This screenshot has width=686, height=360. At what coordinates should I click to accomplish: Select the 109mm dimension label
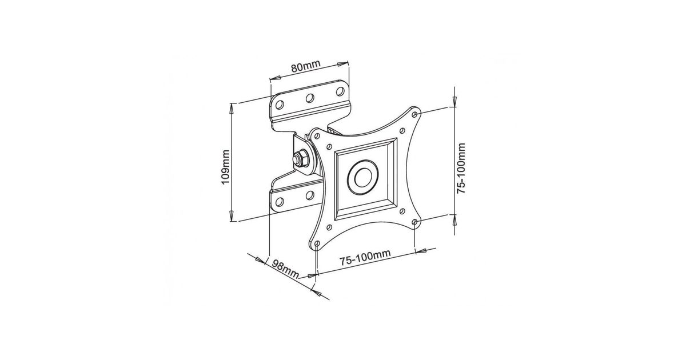coord(225,167)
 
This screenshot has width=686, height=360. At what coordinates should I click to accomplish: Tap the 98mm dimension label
coord(285,269)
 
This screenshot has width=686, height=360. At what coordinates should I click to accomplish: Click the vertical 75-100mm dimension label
coord(461,168)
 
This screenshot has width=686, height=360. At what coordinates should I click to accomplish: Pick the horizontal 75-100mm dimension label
coord(365,258)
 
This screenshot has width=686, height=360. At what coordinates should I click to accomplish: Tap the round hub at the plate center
coord(363,177)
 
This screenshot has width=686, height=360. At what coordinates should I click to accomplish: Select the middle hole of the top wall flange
coord(310,98)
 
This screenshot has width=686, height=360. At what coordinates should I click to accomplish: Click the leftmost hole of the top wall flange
coord(280,105)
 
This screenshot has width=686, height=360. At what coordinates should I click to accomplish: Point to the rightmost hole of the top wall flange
coord(340,91)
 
